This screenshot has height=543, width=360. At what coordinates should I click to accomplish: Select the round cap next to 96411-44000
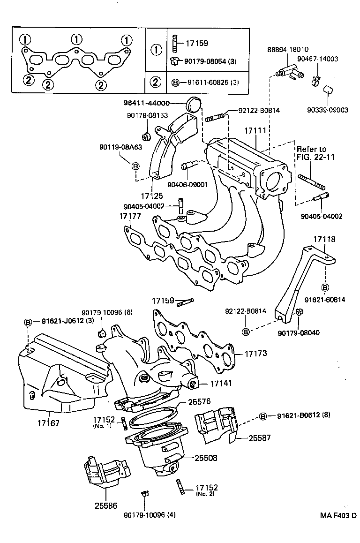click(x=193, y=104)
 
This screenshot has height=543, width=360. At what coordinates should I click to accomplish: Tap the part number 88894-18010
click(x=288, y=50)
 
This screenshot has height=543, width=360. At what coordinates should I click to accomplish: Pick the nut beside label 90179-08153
click(x=146, y=136)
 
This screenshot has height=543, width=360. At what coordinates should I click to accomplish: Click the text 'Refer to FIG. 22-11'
click(x=315, y=153)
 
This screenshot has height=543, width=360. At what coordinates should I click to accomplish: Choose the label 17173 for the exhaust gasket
click(x=255, y=353)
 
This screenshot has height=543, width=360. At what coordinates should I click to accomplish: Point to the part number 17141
click(x=221, y=383)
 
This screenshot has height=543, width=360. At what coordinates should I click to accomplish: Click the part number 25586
click(x=105, y=506)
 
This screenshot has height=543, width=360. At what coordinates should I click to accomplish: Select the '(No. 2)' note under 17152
click(x=204, y=494)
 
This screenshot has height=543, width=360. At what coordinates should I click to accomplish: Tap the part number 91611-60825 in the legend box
click(x=205, y=83)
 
